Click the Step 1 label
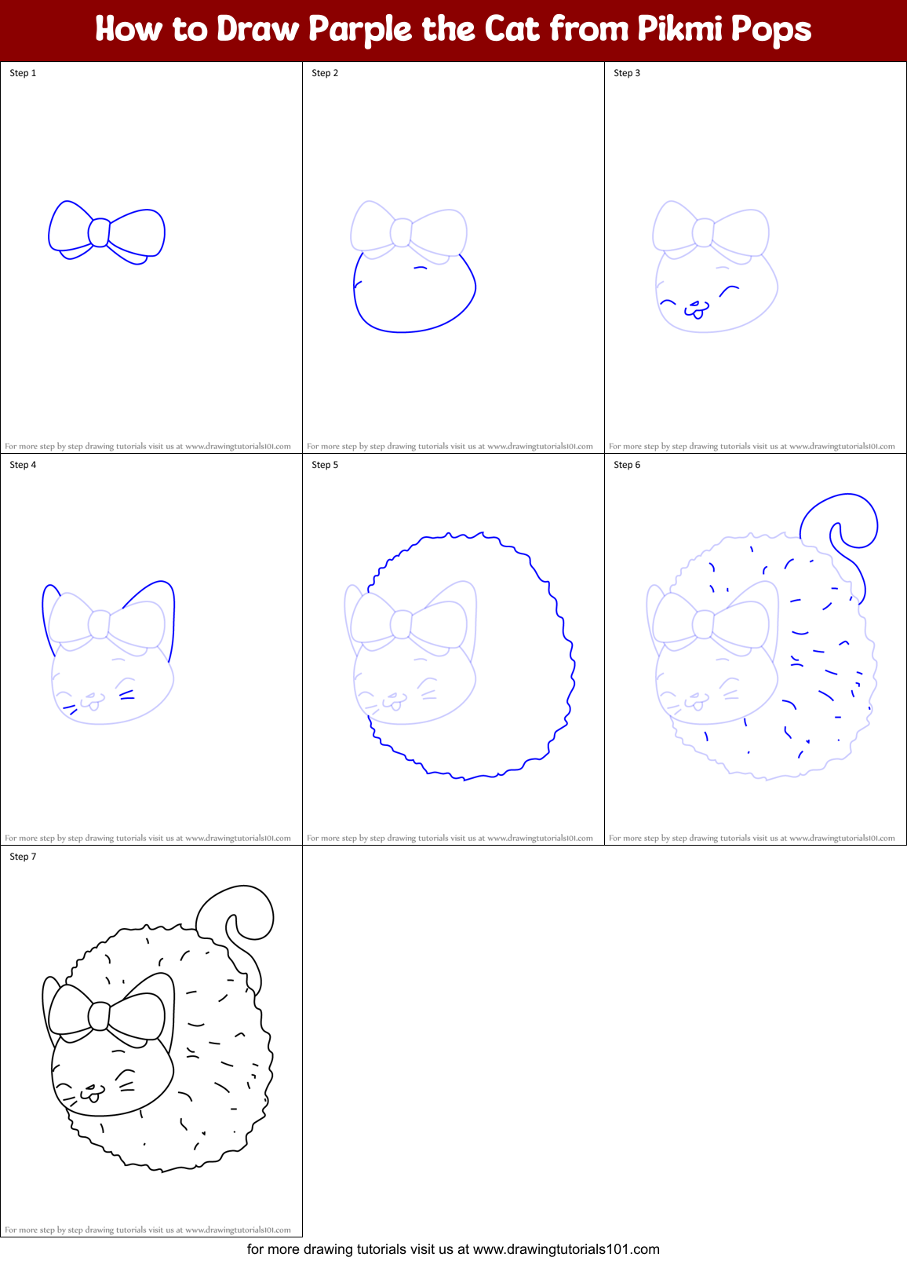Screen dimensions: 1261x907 pyautogui.click(x=23, y=73)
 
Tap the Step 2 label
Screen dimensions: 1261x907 pyautogui.click(x=325, y=73)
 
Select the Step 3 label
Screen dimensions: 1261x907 pyautogui.click(x=627, y=73)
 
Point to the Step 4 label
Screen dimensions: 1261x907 pyautogui.click(x=23, y=465)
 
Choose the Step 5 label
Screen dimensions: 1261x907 pyautogui.click(x=325, y=465)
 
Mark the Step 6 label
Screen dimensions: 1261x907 pyautogui.click(x=627, y=465)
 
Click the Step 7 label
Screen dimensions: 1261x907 pyautogui.click(x=23, y=857)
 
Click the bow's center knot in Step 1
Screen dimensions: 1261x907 pyautogui.click(x=99, y=232)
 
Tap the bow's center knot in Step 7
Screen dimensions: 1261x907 pyautogui.click(x=99, y=1016)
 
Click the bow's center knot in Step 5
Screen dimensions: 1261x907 pyautogui.click(x=401, y=624)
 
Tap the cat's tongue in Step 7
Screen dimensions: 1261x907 pyautogui.click(x=93, y=1097)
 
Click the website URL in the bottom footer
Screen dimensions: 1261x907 pyautogui.click(x=566, y=1249)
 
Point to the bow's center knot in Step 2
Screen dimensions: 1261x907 pyautogui.click(x=401, y=232)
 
